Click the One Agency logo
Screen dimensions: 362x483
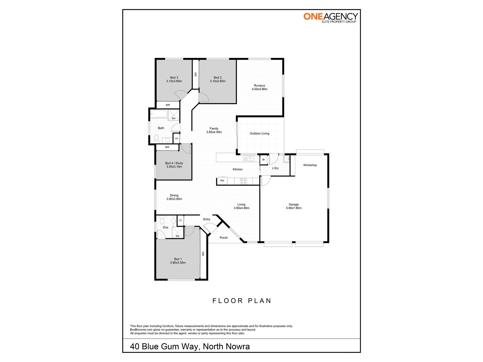point(330,18)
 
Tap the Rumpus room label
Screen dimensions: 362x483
point(259,86)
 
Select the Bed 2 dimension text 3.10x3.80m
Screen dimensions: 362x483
point(218,81)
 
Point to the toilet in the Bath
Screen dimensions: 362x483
point(156,138)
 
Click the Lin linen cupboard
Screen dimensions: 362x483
point(176,138)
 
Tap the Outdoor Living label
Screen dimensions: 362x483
point(259,133)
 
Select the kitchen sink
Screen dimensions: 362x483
point(249,159)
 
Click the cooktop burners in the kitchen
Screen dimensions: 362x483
point(243,181)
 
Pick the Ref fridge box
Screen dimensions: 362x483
point(222,181)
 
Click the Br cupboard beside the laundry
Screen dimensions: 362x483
point(264,160)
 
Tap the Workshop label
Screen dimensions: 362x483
point(310,165)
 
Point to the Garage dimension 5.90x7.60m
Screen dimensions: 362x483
point(294,208)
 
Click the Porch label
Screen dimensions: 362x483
point(223,238)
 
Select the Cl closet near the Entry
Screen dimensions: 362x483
point(180,220)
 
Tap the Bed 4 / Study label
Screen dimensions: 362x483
point(174,163)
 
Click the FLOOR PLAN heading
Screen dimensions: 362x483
point(242,301)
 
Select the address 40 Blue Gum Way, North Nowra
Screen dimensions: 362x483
point(190,347)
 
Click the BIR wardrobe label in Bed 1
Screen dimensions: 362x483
point(203,254)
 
